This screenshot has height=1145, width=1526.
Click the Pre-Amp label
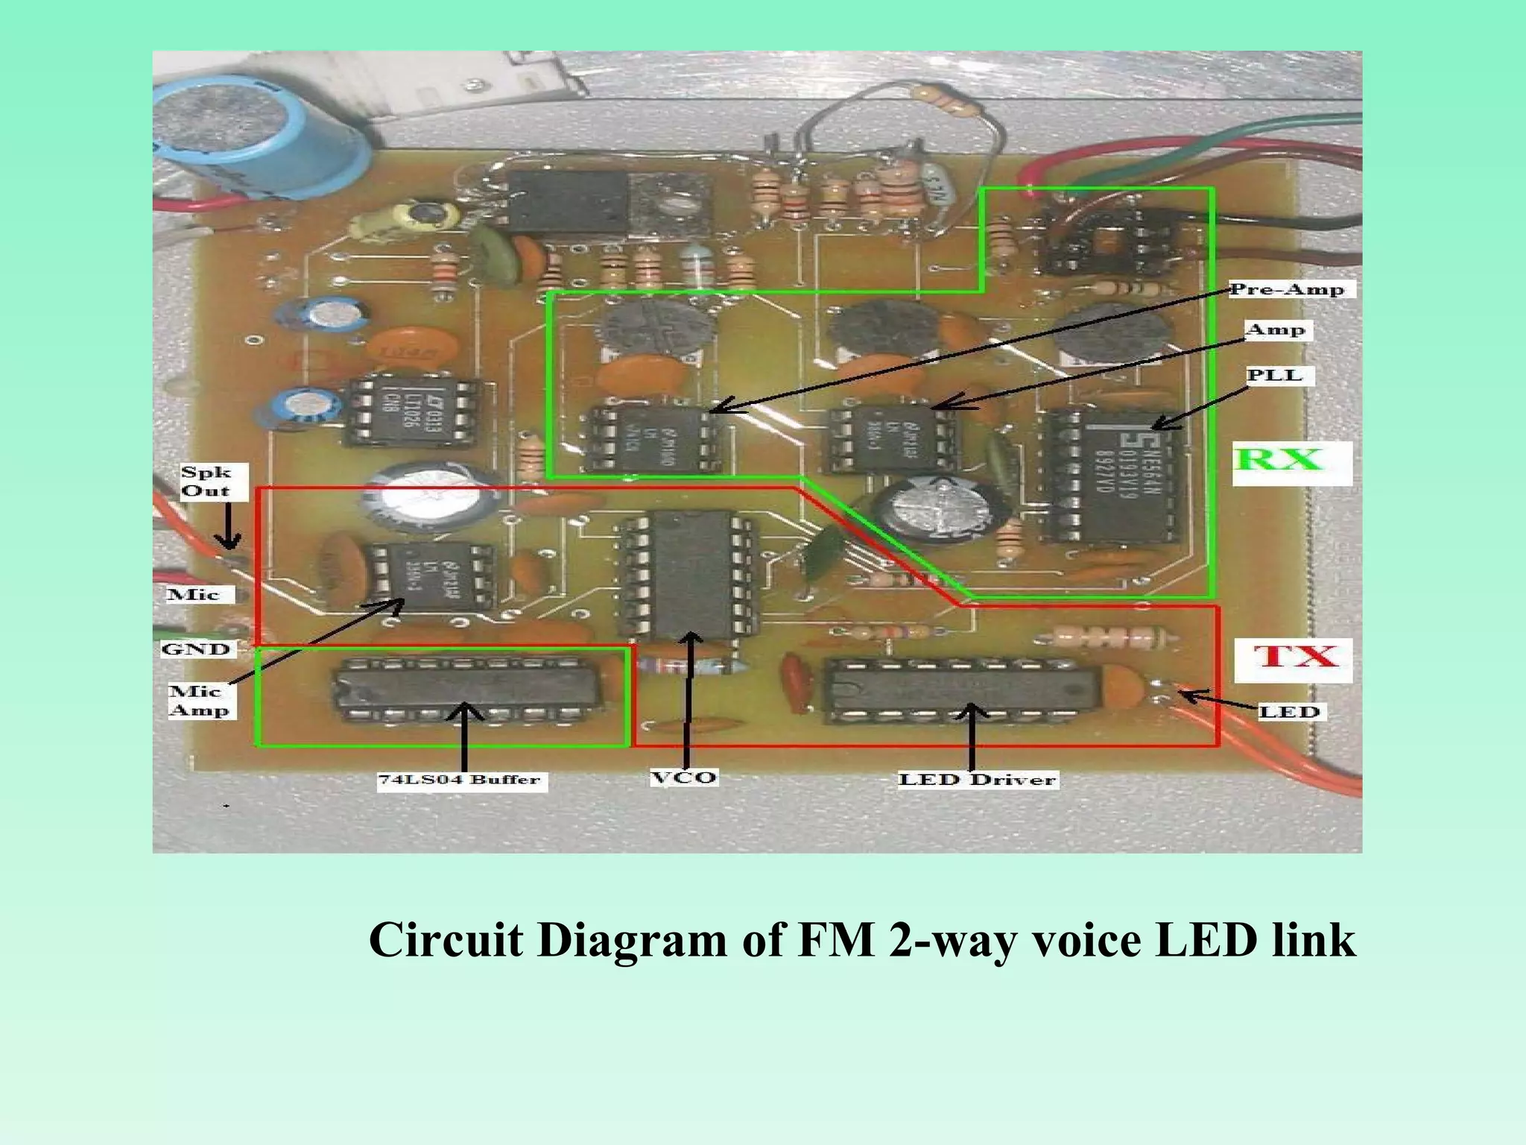pos(1287,289)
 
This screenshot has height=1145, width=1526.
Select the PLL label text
pos(1275,375)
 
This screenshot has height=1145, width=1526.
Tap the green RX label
pos(1279,459)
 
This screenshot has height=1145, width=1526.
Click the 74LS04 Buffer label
pos(460,780)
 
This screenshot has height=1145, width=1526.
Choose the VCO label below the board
pos(683,777)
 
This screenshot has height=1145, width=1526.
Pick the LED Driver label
pos(977,780)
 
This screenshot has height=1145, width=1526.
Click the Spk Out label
pos(206,481)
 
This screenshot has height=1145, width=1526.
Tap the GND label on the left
pos(195,649)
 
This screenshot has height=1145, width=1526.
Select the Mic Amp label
pos(198,701)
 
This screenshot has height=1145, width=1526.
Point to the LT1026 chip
pos(409,412)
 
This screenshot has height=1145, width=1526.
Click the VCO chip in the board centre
pos(684,574)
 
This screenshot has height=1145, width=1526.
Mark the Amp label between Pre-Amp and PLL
pos(1276,329)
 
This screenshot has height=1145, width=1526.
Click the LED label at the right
pos(1289,711)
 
